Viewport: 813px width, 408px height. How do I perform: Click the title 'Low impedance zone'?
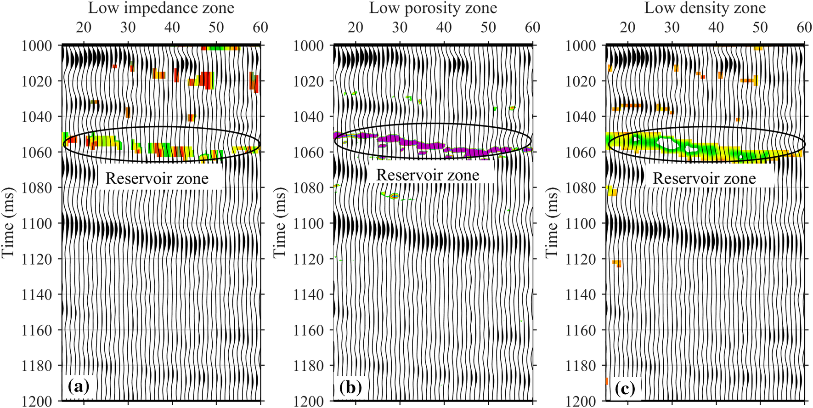pyautogui.click(x=161, y=8)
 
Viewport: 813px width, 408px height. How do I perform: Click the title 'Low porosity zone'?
pyautogui.click(x=433, y=8)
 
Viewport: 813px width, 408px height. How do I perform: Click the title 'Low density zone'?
pyautogui.click(x=705, y=8)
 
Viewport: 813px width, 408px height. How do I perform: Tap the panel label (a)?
pyautogui.click(x=78, y=387)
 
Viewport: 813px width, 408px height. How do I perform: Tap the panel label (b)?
pyautogui.click(x=350, y=388)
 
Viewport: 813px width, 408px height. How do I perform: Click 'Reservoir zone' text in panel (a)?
pyautogui.click(x=157, y=178)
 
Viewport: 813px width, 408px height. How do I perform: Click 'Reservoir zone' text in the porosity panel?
pyautogui.click(x=428, y=175)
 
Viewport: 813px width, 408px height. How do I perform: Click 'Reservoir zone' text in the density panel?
pyautogui.click(x=704, y=178)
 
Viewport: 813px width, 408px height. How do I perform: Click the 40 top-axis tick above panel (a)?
pyautogui.click(x=172, y=27)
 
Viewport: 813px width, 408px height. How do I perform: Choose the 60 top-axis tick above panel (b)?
pyautogui.click(x=532, y=27)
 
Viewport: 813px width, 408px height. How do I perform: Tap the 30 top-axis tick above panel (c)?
pyautogui.click(x=672, y=27)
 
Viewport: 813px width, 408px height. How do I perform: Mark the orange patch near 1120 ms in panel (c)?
pyautogui.click(x=617, y=263)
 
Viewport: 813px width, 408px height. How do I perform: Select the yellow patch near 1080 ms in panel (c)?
pyautogui.click(x=612, y=191)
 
